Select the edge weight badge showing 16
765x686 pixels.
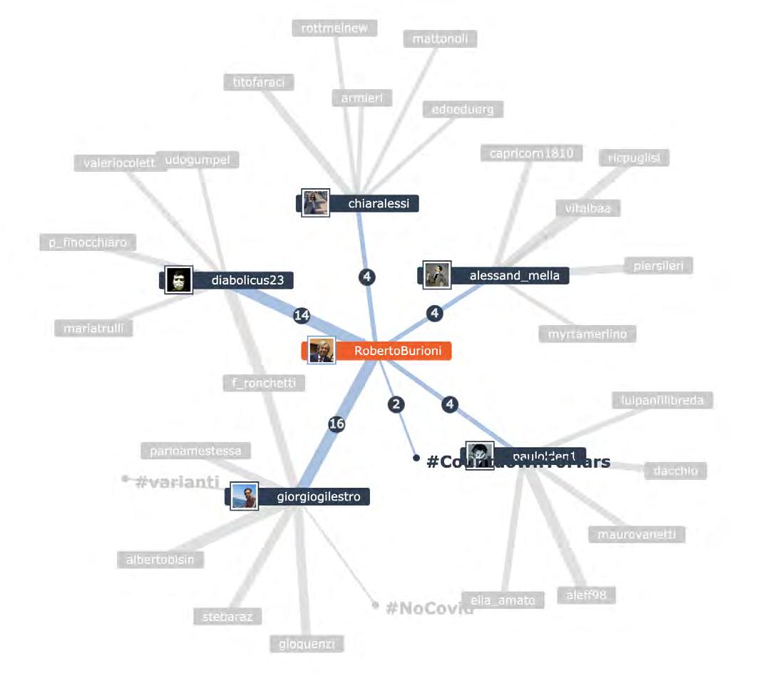coord(337,424)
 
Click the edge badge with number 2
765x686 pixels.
coord(396,404)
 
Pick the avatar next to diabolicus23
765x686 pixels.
coord(179,280)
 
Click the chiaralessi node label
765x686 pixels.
coord(378,204)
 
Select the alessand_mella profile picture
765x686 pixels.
coord(436,275)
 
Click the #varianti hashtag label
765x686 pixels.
coord(176,482)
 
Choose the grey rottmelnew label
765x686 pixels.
coord(334,28)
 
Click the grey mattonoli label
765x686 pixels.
coord(440,39)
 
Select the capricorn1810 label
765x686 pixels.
coord(531,153)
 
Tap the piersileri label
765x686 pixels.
coord(658,267)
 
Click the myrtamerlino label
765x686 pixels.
coord(587,334)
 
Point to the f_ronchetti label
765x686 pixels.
coord(263,383)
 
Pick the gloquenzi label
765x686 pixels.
coord(307,644)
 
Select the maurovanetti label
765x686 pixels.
coord(636,534)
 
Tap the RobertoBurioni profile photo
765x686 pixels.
coord(321,350)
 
